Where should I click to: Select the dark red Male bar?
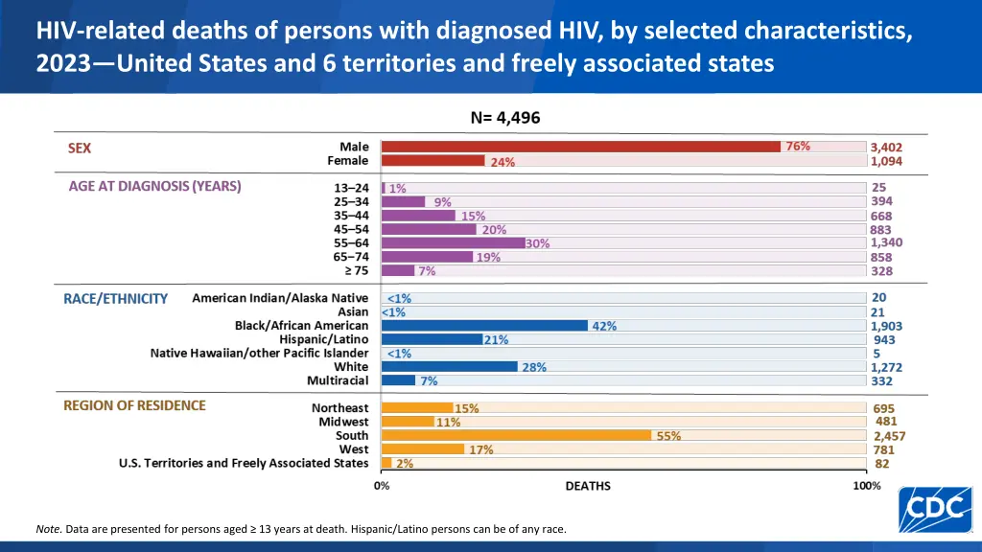coord(581,147)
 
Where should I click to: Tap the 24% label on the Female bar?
coord(503,162)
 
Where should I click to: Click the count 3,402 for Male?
coord(886,148)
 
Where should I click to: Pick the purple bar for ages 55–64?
coord(453,243)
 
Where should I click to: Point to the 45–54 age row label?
coord(350,229)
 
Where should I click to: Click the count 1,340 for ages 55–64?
coord(887,242)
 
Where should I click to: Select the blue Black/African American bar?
coord(484,326)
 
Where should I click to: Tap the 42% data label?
coord(604,326)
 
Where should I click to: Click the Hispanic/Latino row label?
coord(323,339)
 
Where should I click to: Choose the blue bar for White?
coord(450,367)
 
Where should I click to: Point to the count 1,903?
coord(887,326)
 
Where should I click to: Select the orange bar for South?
coord(517,435)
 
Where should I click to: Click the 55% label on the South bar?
coord(668,435)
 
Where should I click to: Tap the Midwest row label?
coord(343,422)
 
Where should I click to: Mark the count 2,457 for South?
coord(889,436)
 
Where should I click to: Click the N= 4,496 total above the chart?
coord(505,118)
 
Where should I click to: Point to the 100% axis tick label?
coord(867,486)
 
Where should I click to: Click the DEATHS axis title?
coord(587,486)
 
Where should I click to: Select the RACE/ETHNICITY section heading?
coord(115,299)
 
